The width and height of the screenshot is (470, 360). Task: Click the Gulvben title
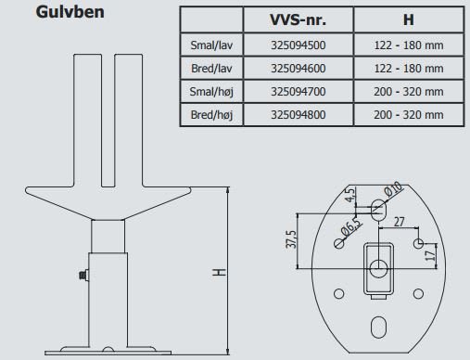[x=70, y=12]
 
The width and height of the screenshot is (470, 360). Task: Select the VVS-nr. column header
[x=298, y=19]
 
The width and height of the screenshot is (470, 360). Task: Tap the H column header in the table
[x=409, y=19]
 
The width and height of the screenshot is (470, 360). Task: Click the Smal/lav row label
[x=211, y=45]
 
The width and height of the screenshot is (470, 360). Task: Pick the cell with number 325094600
[x=299, y=69]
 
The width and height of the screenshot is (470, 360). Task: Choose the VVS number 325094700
[x=299, y=92]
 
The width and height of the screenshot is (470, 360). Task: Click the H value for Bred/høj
[x=409, y=115]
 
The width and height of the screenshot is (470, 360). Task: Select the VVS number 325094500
[x=299, y=45]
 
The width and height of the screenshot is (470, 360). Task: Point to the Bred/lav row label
[x=211, y=69]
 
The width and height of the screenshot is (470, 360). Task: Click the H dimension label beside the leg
[x=220, y=272]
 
